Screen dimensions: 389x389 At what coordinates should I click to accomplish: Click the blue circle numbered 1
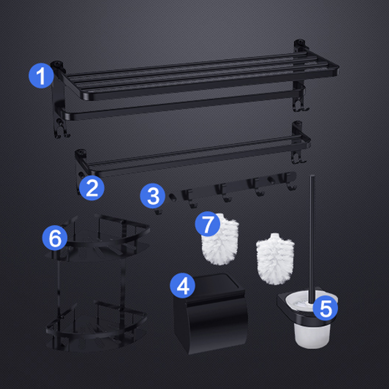click(x=41, y=76)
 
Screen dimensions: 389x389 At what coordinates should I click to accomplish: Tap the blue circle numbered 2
click(x=92, y=188)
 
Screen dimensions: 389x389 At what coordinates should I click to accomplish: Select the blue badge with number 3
click(x=153, y=196)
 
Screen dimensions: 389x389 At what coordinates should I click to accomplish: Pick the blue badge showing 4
click(x=183, y=285)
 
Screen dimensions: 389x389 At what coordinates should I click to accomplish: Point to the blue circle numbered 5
click(x=325, y=308)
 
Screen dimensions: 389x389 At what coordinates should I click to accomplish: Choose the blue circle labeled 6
click(x=55, y=238)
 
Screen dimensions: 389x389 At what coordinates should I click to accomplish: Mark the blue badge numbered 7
click(x=208, y=224)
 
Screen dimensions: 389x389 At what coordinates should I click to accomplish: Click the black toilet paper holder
click(x=211, y=314)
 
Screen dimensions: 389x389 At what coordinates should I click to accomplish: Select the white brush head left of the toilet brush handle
click(x=275, y=259)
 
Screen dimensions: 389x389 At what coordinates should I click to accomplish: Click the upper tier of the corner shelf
click(x=98, y=238)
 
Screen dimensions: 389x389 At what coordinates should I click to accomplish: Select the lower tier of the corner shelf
click(x=97, y=327)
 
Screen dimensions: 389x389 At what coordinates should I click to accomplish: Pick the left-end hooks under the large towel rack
click(x=61, y=130)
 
